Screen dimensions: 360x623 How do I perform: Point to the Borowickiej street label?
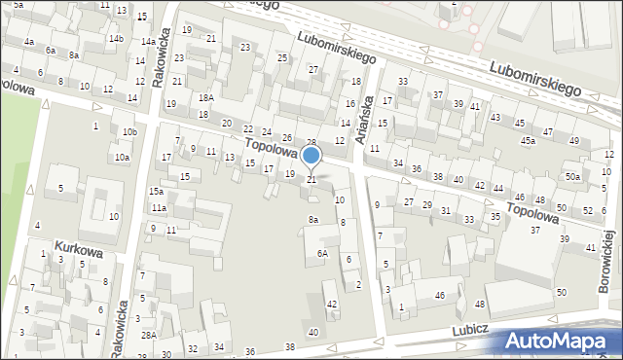(608, 262)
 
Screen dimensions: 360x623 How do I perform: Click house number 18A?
(205, 97)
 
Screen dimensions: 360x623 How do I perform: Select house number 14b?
(116, 39)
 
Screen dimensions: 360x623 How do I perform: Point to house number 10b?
(128, 131)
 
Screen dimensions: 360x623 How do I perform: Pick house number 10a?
(122, 157)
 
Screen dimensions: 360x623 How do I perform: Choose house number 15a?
(156, 192)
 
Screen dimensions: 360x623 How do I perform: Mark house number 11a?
(159, 208)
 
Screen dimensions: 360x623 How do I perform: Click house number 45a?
(528, 141)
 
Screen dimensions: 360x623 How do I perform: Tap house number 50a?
(573, 176)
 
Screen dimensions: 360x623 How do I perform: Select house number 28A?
(148, 335)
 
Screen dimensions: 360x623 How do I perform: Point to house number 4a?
(29, 42)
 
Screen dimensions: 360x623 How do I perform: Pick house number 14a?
(147, 42)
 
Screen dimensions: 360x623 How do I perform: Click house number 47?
(548, 131)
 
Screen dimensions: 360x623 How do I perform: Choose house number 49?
(573, 141)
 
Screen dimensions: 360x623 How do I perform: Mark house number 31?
(445, 210)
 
